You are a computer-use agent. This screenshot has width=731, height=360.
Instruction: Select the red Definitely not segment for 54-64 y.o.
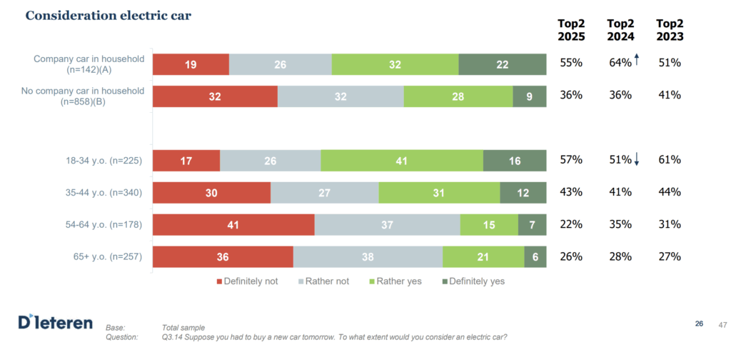[233, 224]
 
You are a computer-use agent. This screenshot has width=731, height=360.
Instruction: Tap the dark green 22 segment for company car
[502, 64]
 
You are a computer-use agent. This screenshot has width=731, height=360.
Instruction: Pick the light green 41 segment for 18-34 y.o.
[401, 161]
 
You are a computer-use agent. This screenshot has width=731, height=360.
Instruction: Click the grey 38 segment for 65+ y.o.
[368, 256]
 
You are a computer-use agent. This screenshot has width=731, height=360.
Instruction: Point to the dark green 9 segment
[529, 96]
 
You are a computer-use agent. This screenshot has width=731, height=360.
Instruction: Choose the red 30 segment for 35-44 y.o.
[211, 192]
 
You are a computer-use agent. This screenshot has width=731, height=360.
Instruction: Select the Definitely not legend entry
[247, 281]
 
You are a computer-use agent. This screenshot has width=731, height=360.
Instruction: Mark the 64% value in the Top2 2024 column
[620, 63]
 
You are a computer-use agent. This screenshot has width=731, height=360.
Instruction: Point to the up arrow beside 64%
[636, 61]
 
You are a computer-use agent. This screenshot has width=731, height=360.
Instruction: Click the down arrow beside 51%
[636, 161]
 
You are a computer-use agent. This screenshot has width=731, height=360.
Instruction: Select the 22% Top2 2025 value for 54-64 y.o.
[571, 224]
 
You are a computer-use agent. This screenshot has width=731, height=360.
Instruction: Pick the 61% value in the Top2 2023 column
[670, 160]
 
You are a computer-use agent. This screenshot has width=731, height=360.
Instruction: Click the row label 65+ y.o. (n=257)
[104, 256]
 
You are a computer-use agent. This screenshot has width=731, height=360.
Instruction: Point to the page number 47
[722, 325]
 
